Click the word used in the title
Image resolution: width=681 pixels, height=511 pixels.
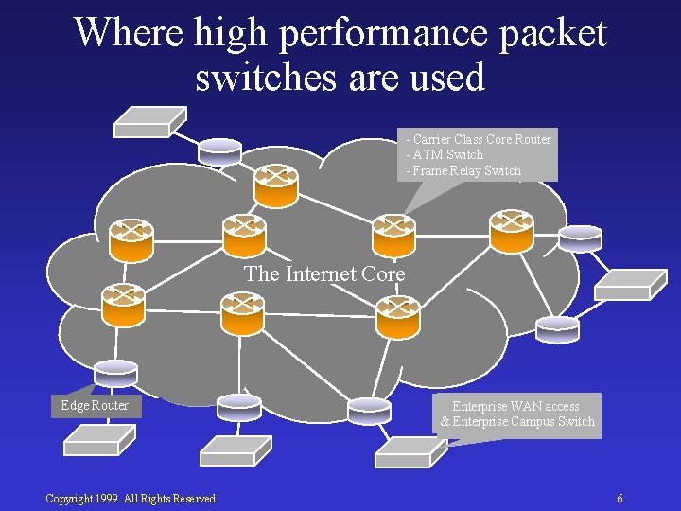point(447,78)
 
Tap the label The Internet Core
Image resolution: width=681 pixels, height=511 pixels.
point(324,274)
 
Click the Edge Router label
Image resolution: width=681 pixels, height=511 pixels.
point(95,405)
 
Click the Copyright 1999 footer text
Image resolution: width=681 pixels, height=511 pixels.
point(131,499)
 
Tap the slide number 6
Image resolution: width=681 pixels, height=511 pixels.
point(620,499)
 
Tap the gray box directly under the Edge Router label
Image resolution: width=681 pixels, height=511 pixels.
point(96,439)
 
